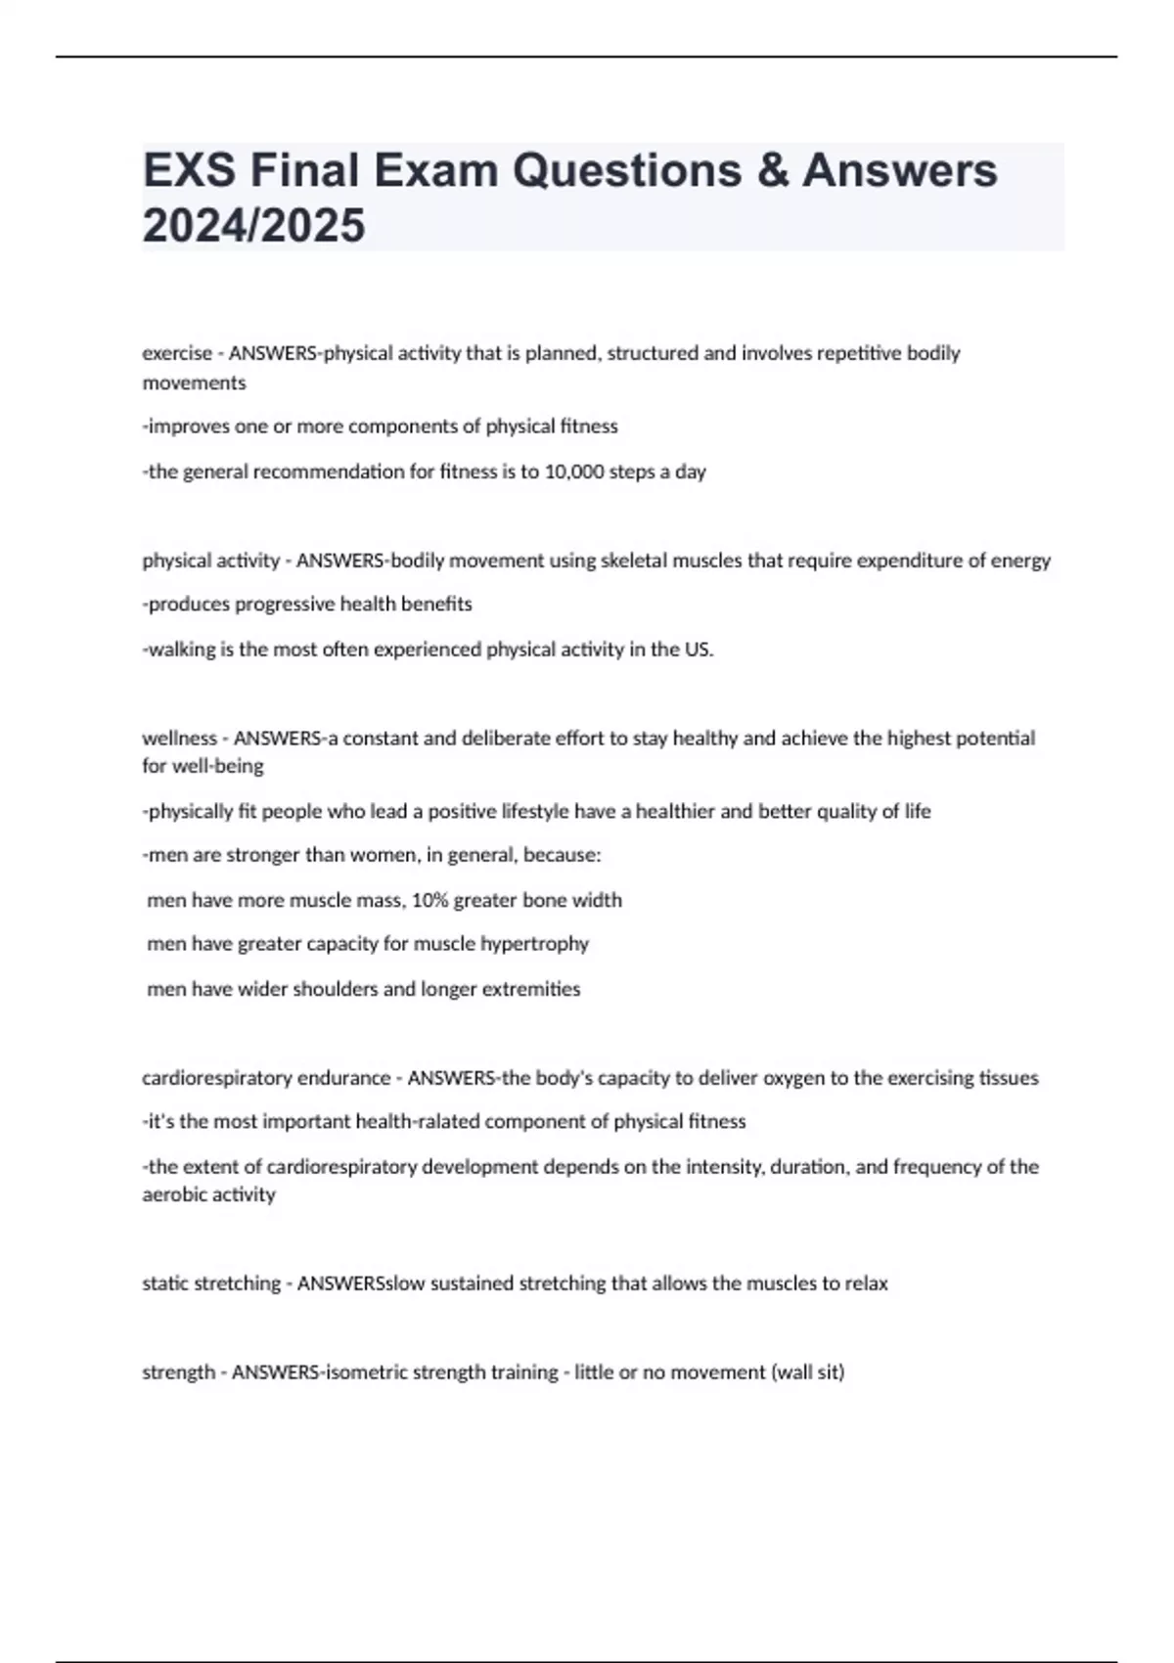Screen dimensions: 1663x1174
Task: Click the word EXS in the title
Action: coord(189,171)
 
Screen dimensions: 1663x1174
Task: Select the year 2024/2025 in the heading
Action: coord(254,226)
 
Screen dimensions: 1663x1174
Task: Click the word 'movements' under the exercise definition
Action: coord(194,382)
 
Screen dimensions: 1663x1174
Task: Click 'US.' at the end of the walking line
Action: coord(700,650)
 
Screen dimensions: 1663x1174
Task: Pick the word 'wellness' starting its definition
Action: coord(179,739)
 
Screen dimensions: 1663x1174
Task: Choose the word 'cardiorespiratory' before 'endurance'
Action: coord(216,1078)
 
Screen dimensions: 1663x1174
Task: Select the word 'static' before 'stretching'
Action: coord(165,1283)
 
